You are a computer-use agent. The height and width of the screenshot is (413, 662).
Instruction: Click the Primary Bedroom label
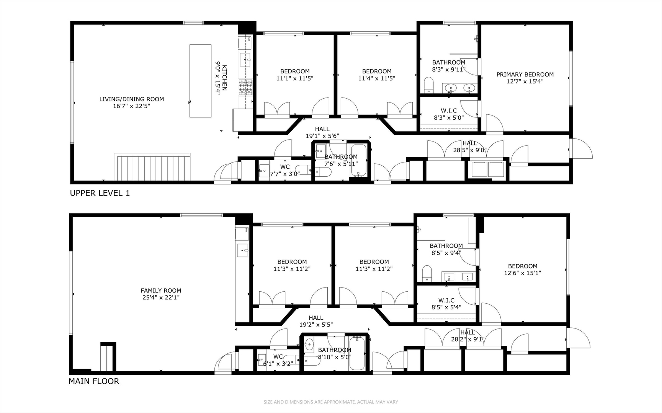(x=525, y=75)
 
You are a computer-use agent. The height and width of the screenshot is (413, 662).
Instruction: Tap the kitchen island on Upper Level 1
(x=200, y=81)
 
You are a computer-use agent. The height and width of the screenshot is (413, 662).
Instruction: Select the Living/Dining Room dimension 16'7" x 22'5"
(x=131, y=106)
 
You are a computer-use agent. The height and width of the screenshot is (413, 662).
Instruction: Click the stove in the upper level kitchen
(x=245, y=87)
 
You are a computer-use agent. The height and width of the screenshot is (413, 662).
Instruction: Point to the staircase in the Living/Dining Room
(x=152, y=167)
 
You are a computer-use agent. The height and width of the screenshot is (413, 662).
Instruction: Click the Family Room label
(x=161, y=291)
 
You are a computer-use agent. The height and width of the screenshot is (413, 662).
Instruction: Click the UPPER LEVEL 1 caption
(x=100, y=193)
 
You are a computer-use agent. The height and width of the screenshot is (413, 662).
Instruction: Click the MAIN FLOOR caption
(x=94, y=381)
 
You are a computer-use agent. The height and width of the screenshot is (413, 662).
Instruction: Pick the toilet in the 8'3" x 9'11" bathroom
(x=428, y=85)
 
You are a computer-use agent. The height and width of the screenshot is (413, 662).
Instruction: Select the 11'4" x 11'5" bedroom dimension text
(x=377, y=78)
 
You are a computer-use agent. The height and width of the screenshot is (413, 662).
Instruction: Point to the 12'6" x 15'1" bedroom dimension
(x=523, y=273)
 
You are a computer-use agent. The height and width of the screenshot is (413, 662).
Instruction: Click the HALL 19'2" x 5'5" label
(x=316, y=321)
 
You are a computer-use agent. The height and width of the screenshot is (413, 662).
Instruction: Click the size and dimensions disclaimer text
(x=331, y=402)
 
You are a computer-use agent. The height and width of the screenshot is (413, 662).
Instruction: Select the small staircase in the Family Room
(x=108, y=357)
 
